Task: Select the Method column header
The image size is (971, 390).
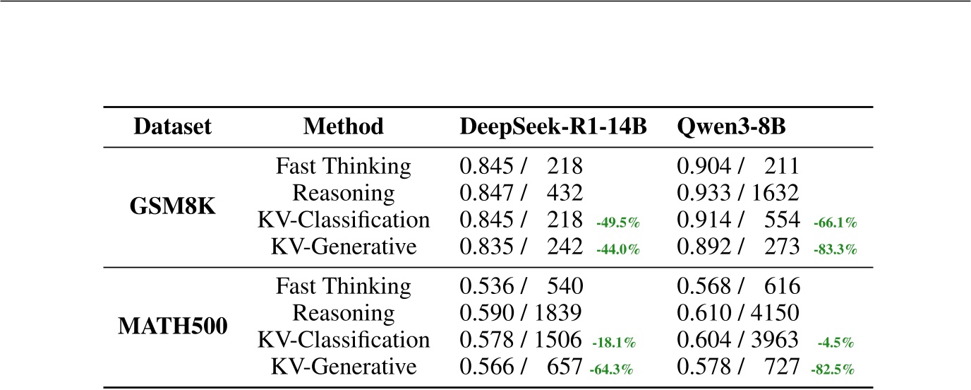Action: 344,126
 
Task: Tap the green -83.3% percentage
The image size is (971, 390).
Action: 835,249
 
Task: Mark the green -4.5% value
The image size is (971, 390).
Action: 836,343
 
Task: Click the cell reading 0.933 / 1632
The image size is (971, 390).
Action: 737,194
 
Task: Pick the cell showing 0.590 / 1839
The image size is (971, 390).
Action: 521,313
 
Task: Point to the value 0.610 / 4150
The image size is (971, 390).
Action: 737,313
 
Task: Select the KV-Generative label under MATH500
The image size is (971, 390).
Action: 344,367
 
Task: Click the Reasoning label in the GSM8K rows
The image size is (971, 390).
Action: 344,194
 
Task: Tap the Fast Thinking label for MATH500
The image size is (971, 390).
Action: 344,286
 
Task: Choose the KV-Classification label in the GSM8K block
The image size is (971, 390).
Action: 344,220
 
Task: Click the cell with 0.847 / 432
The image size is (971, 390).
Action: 521,194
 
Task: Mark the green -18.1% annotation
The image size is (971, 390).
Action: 614,343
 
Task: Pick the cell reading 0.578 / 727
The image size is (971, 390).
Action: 737,367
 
